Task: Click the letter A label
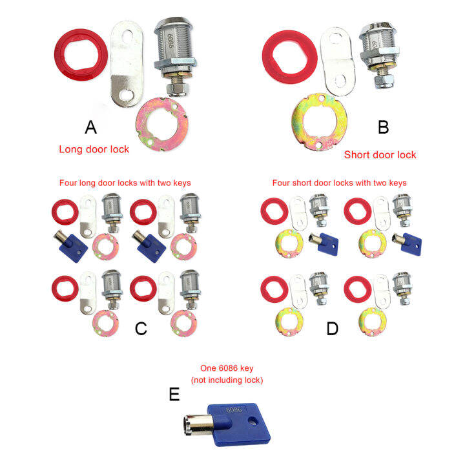[x=91, y=127]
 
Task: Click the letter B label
[x=384, y=127]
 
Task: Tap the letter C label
[x=141, y=329]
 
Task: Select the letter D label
[x=332, y=329]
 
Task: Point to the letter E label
[x=174, y=394]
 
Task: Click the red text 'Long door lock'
[x=94, y=149]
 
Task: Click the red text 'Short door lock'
[x=380, y=155]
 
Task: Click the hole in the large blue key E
[x=253, y=420]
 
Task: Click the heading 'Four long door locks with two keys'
[x=125, y=183]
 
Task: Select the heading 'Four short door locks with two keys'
[x=339, y=183]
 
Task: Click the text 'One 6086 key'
[x=227, y=368]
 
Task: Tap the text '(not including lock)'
[x=227, y=380]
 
